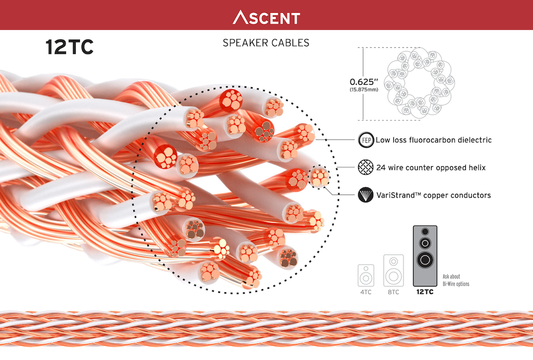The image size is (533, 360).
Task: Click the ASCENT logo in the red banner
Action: click(266, 18)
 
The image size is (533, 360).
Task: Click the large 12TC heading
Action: click(69, 47)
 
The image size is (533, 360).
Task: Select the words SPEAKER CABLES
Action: click(266, 43)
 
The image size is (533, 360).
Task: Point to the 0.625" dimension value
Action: click(364, 82)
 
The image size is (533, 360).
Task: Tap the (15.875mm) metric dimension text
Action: click(364, 89)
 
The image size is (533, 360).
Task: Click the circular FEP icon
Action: click(366, 140)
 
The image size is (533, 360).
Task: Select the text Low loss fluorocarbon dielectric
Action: click(433, 140)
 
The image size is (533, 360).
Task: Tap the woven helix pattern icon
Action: click(366, 167)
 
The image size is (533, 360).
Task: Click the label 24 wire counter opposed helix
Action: click(431, 167)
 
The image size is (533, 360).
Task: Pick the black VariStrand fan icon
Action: click(366, 195)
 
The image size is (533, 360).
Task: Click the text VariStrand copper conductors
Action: click(433, 195)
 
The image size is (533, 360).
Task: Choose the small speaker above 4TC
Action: click(366, 275)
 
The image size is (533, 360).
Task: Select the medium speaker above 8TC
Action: click(394, 271)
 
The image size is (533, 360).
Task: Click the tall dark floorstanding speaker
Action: click(425, 256)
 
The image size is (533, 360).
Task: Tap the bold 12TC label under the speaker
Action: click(425, 292)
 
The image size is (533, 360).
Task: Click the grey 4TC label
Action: click(366, 292)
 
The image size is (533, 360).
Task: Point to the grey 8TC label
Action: click(394, 292)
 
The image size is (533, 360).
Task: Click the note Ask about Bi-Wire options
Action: click(456, 280)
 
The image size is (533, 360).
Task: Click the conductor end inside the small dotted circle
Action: click(319, 177)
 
